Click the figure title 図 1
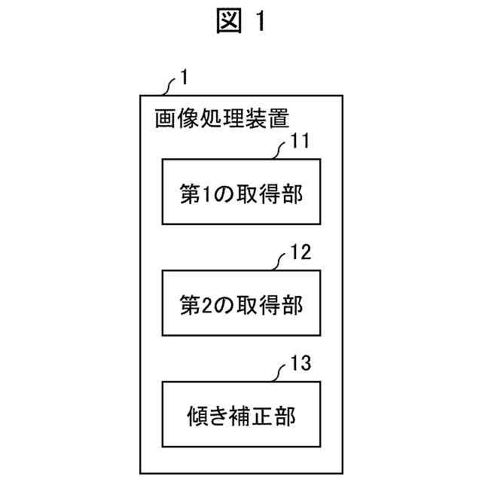[x=241, y=23]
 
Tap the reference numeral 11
[x=300, y=142]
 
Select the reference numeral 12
[x=300, y=253]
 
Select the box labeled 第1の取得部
[x=241, y=191]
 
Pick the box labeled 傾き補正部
[x=241, y=414]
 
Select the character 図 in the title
[x=227, y=23]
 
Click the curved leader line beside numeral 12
[x=279, y=260]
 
